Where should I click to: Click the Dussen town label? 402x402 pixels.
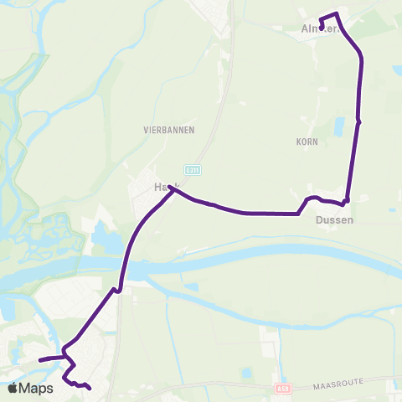coord(334,220)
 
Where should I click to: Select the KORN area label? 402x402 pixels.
coord(304,142)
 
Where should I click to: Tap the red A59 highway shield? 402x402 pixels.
coord(284,389)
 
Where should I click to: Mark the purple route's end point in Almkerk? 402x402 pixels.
coord(322,28)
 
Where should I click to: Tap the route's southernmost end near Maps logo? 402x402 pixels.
coord(89,388)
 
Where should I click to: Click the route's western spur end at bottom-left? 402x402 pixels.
coord(39,359)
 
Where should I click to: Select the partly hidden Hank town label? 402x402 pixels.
coord(161,188)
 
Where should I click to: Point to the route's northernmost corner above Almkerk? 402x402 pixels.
coord(337,13)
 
